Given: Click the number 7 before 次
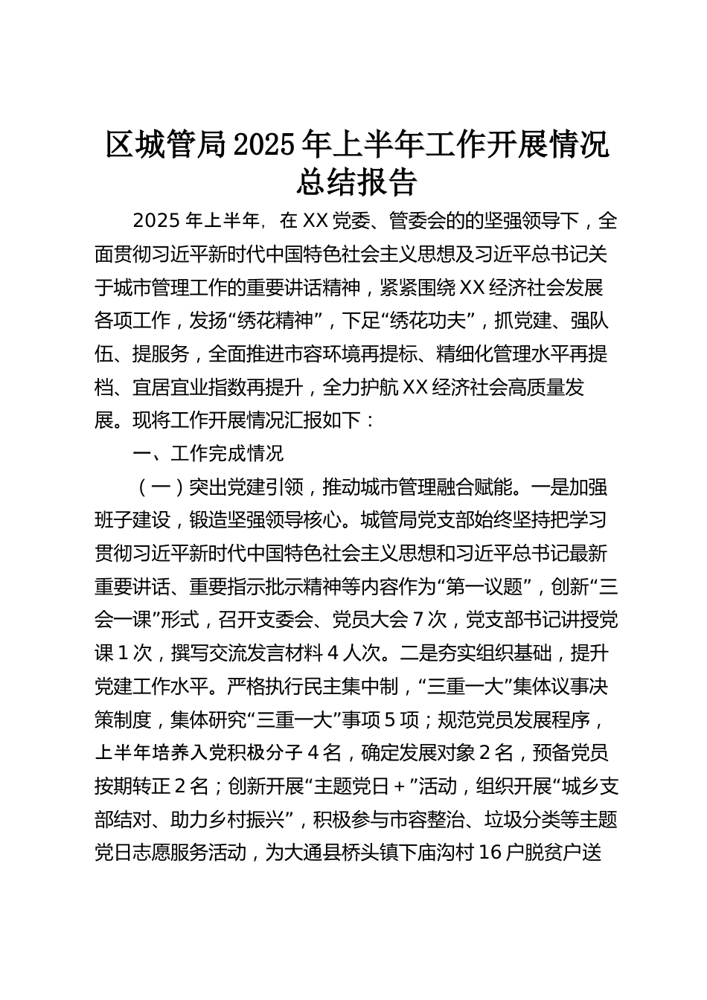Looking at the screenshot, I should (x=417, y=619).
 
